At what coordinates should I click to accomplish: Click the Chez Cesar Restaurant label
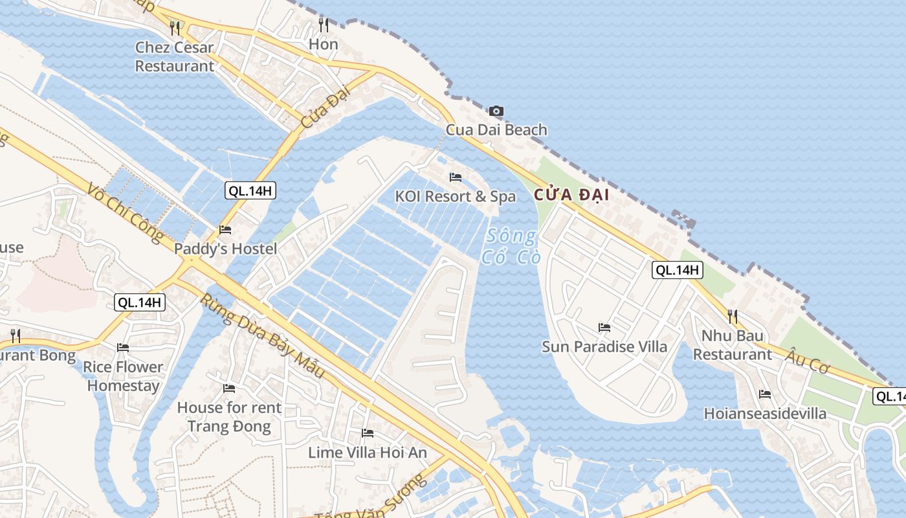point(174,57)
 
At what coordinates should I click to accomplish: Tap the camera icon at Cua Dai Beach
point(496,111)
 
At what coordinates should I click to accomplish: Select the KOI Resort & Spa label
point(456,196)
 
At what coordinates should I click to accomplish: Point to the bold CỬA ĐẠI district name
point(571,195)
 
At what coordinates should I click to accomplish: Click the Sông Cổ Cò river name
point(511,247)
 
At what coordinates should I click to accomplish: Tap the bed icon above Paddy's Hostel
point(225,230)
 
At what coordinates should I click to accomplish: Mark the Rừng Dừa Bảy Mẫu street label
point(262,337)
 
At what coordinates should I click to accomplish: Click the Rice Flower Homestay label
point(123,376)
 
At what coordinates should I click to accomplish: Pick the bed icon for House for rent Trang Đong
point(229,388)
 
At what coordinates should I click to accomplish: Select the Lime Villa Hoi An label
point(368,453)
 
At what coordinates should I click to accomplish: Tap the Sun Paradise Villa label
point(604,346)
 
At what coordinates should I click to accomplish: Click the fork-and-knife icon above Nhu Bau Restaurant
point(733,317)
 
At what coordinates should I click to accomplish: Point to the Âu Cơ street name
point(808,360)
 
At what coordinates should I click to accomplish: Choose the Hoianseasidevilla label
point(765,413)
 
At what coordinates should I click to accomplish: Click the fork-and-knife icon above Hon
point(324,25)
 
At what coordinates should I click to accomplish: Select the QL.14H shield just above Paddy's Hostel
point(251,190)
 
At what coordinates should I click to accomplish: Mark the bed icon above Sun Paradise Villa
point(604,328)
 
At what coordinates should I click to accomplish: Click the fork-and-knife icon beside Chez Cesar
point(174,28)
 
